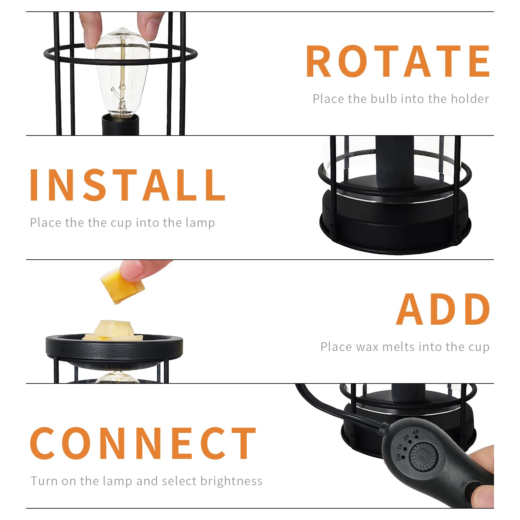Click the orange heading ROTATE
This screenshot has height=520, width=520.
point(398,61)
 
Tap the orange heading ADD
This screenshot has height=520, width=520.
point(443,309)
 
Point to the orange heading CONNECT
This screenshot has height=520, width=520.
point(143,443)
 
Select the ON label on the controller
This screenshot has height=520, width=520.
point(399,457)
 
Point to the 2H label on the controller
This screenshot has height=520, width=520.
point(406,437)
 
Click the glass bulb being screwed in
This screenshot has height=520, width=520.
point(122,74)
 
